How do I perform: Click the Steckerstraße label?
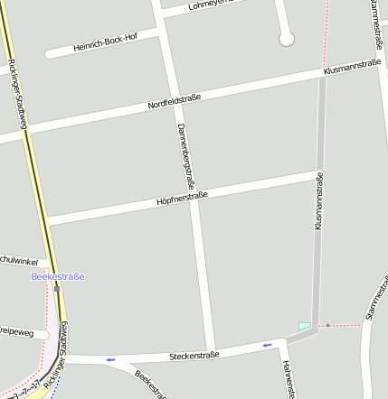click(194, 356)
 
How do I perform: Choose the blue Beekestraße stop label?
click(57, 276)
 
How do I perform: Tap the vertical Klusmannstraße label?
click(318, 200)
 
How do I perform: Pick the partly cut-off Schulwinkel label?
click(18, 261)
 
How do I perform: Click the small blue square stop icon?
click(56, 290)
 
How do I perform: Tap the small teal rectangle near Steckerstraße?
click(305, 325)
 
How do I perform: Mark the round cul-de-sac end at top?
click(287, 39)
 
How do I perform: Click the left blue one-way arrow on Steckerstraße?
click(110, 360)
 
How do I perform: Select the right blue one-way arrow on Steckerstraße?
click(267, 344)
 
